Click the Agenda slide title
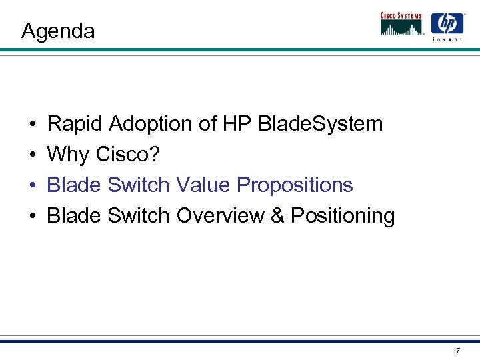point(58,31)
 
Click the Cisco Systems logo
point(402,23)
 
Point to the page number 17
point(456,350)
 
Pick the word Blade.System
point(321,123)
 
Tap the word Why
point(69,154)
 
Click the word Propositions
point(295,185)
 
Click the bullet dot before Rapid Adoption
point(32,125)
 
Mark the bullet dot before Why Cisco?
point(32,155)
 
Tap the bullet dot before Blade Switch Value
point(32,186)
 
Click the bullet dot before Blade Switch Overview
point(32,217)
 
